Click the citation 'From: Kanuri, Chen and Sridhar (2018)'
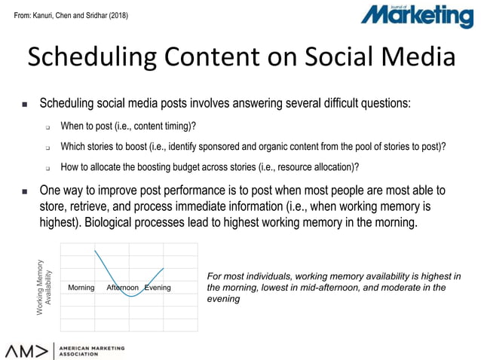coord(66,14)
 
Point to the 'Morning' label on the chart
coord(81,288)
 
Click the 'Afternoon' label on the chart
coord(122,288)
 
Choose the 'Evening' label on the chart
coord(158,288)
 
